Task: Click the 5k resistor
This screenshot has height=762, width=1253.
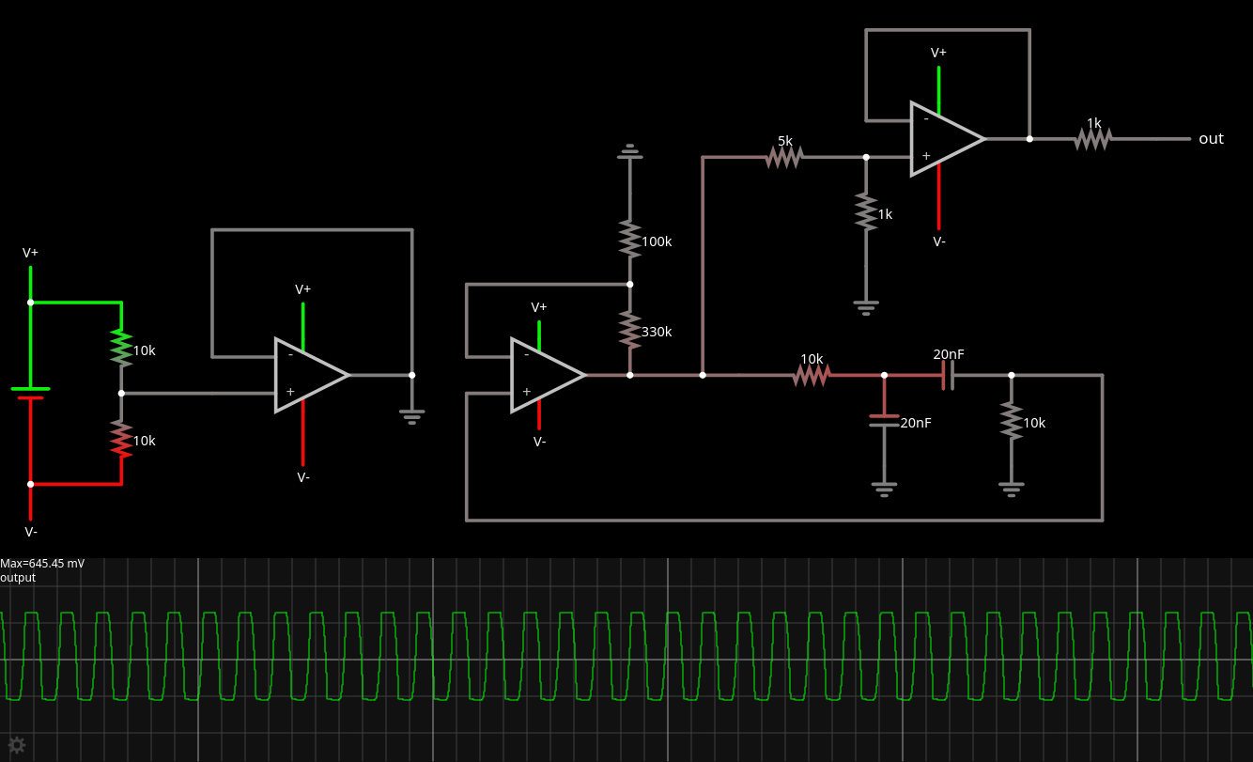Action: [x=783, y=157]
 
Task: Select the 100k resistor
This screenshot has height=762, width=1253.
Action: [x=629, y=239]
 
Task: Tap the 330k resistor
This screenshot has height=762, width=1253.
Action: [x=629, y=330]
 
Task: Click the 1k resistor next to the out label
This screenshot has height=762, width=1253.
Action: [x=1093, y=139]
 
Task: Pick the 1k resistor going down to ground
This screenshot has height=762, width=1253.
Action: [x=866, y=211]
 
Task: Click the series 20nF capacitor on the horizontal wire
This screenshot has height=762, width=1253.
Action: [x=948, y=375]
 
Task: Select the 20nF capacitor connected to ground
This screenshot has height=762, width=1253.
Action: [x=884, y=421]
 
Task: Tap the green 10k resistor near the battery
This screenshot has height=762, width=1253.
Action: [x=121, y=348]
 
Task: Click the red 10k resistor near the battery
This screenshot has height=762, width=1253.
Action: [x=121, y=439]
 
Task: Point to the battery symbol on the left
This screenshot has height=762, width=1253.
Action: [x=30, y=393]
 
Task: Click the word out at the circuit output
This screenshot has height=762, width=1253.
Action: [x=1211, y=139]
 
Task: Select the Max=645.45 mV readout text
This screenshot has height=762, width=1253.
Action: [x=42, y=564]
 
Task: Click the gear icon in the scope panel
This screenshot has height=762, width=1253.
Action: [x=16, y=745]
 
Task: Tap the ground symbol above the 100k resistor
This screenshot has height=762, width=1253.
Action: [x=629, y=151]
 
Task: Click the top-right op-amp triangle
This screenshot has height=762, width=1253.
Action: [x=944, y=139]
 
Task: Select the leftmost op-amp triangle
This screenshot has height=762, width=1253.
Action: [x=308, y=375]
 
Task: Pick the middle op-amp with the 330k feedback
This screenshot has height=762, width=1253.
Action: [x=545, y=375]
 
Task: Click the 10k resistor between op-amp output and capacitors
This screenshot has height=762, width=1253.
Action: [x=811, y=375]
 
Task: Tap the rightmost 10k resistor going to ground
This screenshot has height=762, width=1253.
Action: [x=1012, y=421]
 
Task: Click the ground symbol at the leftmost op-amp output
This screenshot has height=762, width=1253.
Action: [x=411, y=414]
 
